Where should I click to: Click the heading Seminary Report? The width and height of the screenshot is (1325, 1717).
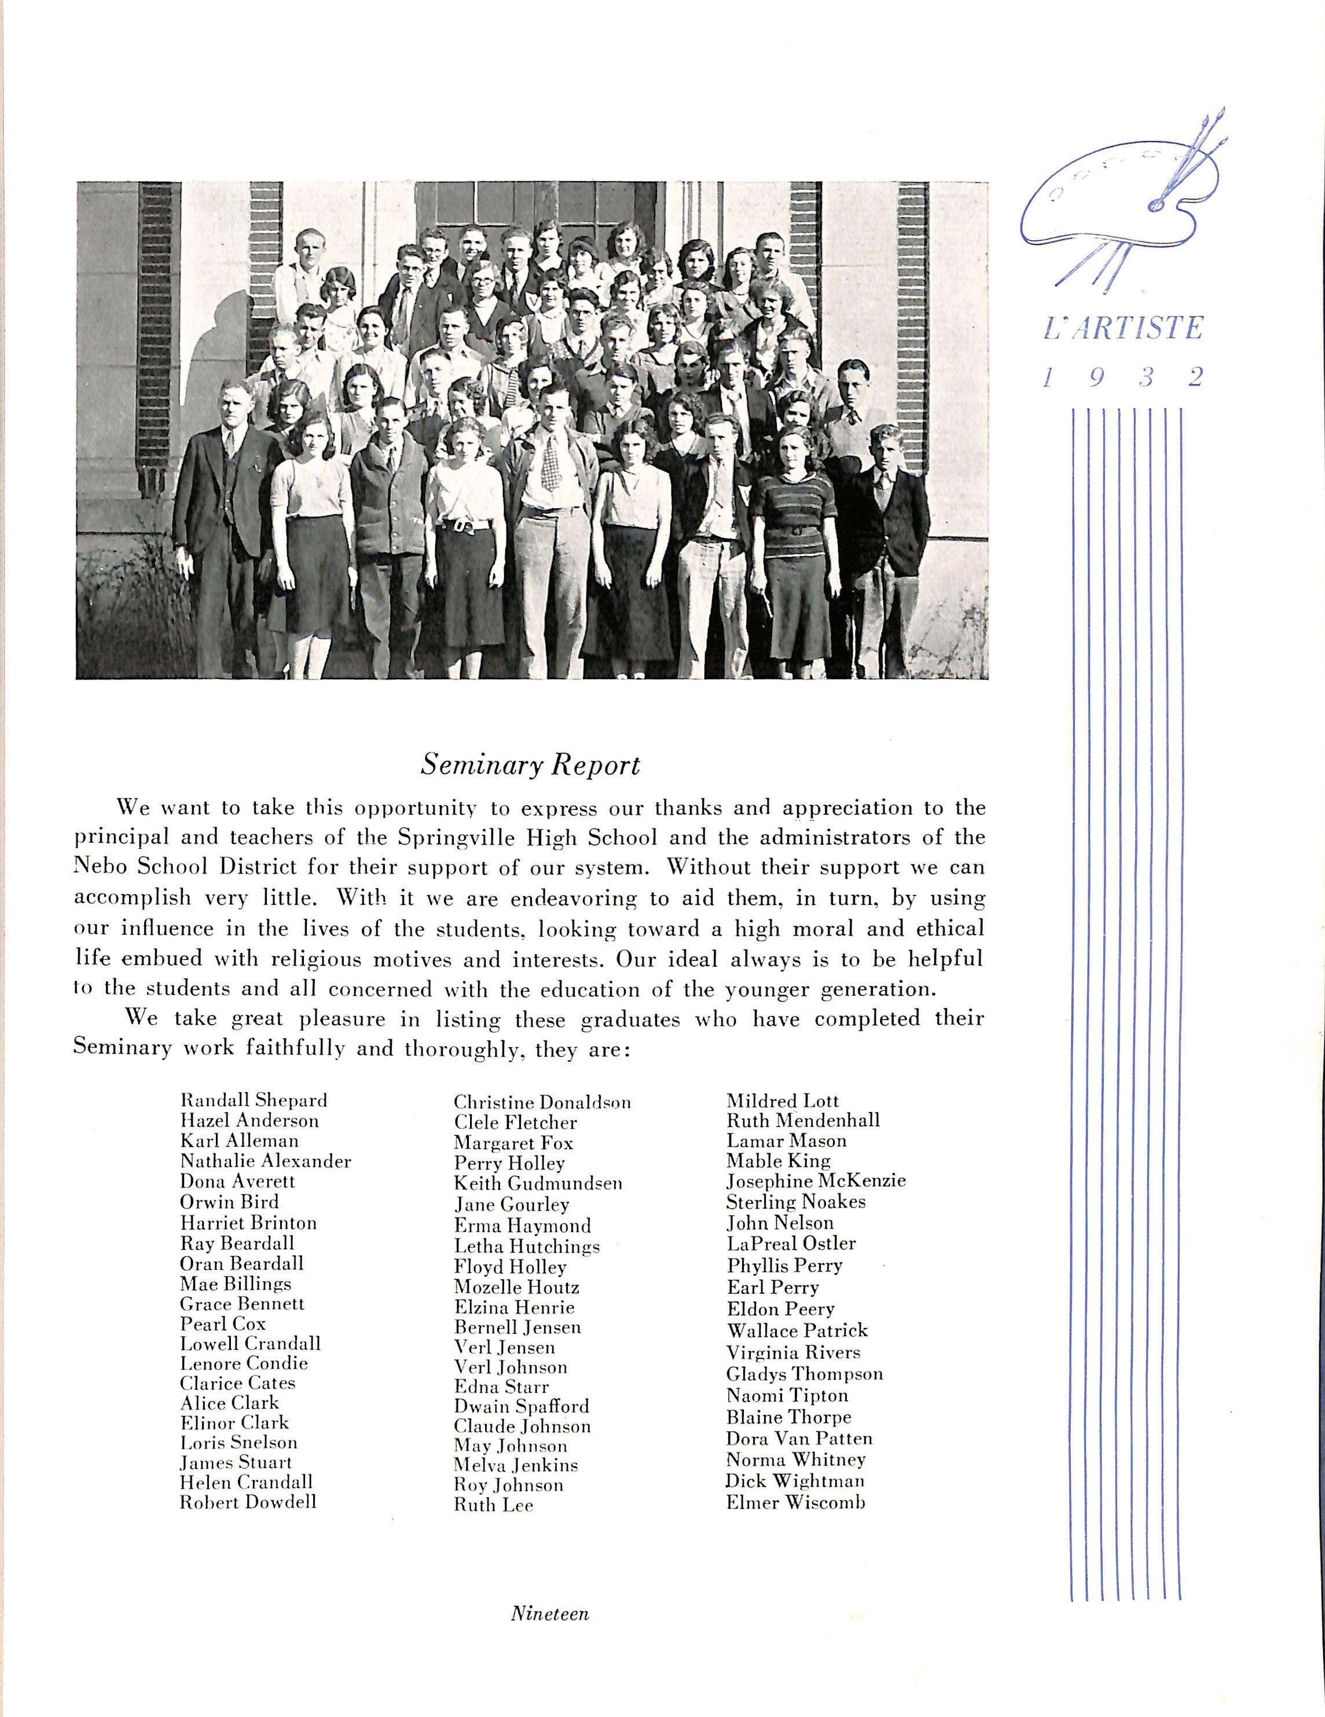pos(530,765)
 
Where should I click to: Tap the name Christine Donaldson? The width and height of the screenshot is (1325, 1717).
pos(542,1102)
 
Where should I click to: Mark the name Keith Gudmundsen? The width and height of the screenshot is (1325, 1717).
pos(538,1183)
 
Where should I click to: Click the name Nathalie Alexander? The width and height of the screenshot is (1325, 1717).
pos(265,1161)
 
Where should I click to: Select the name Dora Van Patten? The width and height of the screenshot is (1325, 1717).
pos(799,1439)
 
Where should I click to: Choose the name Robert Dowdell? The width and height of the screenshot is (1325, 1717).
pos(248,1502)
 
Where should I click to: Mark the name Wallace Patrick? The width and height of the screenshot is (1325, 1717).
pos(797,1331)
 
